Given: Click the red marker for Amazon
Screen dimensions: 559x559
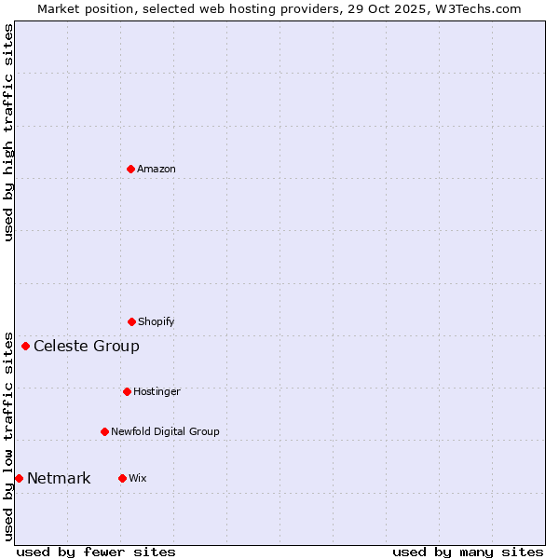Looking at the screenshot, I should (130, 169).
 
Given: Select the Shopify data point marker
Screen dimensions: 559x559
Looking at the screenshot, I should (131, 321).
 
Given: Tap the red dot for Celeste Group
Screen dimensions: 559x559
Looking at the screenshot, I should (25, 346).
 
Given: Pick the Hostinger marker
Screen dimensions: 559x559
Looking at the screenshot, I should (127, 391).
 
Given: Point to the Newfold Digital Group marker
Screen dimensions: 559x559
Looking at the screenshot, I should (104, 431).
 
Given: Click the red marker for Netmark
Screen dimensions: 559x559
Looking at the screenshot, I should (19, 478).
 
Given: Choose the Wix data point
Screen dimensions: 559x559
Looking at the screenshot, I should (122, 478).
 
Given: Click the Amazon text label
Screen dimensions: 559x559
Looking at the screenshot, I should (157, 169).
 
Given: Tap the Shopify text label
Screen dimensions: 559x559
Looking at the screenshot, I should (157, 321).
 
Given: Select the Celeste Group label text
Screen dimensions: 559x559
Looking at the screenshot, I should (87, 346).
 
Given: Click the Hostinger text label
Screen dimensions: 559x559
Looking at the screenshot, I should (157, 391).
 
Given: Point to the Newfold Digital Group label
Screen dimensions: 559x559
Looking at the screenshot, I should (165, 431).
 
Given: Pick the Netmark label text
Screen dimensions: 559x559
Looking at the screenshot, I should (59, 478).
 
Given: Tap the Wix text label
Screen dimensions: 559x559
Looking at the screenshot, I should (138, 478).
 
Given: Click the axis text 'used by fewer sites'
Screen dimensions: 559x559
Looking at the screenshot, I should (96, 552).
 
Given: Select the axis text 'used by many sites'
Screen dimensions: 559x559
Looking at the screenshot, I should (468, 552).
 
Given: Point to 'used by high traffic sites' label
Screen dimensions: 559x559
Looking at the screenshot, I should (8, 132).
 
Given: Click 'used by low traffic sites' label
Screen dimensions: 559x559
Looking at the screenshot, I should (8, 435).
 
